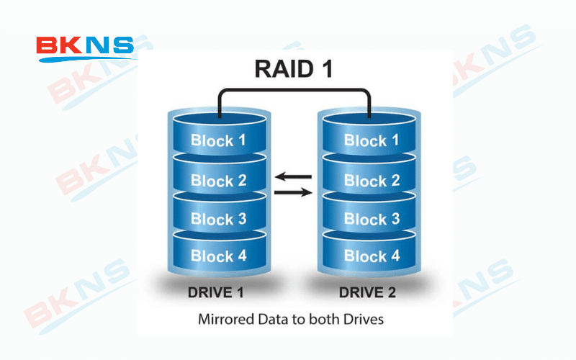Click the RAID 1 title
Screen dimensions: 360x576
(294, 70)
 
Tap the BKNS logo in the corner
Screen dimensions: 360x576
(85, 48)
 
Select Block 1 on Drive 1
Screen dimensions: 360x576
(217, 140)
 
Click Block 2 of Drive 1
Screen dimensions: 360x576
(217, 181)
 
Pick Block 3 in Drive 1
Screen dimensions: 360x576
(217, 220)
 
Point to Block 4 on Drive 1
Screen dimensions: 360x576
(217, 256)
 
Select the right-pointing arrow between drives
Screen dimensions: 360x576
(294, 192)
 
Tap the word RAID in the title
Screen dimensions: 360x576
(283, 70)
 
